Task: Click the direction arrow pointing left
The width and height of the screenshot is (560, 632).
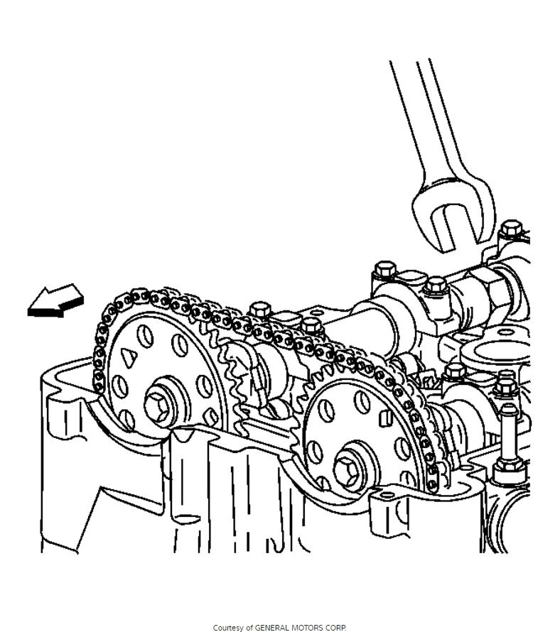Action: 55,301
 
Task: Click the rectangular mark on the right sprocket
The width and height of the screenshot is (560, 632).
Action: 385,418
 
